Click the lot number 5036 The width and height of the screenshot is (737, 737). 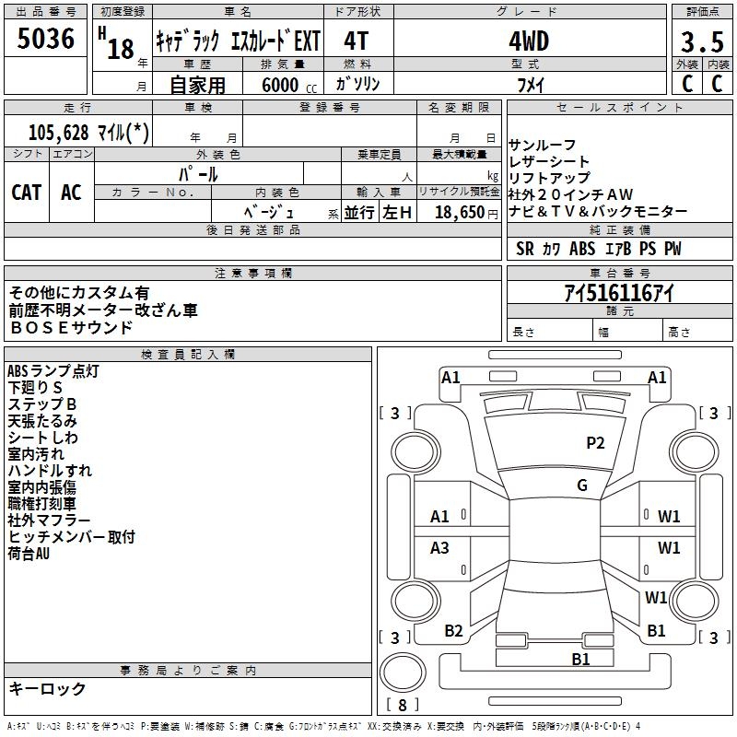[46, 39]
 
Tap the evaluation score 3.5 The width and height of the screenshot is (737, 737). [700, 42]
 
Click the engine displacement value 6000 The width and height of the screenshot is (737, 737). [278, 85]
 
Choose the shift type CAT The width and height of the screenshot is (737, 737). [27, 192]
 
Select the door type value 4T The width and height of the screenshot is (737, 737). [357, 41]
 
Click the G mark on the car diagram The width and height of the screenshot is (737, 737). [582, 485]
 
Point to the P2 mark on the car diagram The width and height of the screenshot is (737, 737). [596, 443]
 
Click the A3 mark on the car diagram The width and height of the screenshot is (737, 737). [439, 548]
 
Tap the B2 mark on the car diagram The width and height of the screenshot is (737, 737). [453, 631]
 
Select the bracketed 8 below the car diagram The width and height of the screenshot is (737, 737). [403, 706]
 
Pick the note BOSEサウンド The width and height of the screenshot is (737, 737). [71, 327]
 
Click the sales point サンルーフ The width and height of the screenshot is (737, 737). [543, 145]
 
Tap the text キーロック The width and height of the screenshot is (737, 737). [48, 689]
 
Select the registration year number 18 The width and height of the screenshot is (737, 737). [121, 49]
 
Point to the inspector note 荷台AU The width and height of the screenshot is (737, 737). [29, 554]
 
